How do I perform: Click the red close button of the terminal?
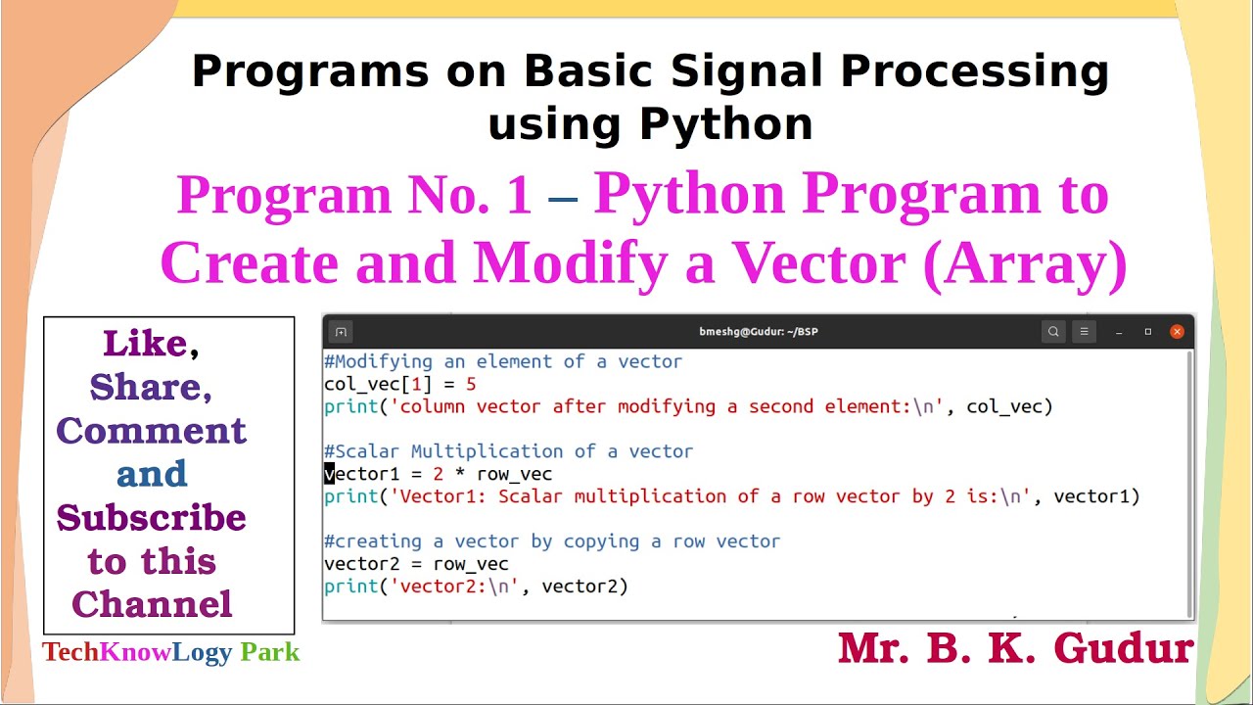pos(1177,332)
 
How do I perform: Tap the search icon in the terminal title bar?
pos(1053,332)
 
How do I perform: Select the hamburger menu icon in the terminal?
pos(1084,332)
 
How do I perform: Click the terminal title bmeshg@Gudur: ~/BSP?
pos(759,332)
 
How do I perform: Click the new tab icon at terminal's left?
pos(340,332)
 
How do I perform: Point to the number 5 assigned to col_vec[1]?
pos(471,384)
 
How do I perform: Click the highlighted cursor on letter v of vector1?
pos(329,474)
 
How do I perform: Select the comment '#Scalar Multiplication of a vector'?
pos(508,451)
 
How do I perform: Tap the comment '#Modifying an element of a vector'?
pos(503,361)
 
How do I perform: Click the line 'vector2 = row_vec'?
pos(416,564)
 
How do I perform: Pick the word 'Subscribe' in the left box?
pos(152,518)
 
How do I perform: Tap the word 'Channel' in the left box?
pos(152,604)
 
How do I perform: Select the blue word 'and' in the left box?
pos(152,474)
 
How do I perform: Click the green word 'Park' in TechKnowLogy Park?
pos(269,652)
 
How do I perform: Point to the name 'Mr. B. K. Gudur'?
pos(1015,648)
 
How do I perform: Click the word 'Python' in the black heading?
pos(725,124)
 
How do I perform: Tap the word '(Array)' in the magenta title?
pos(1024,263)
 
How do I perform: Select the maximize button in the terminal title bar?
pos(1147,332)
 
